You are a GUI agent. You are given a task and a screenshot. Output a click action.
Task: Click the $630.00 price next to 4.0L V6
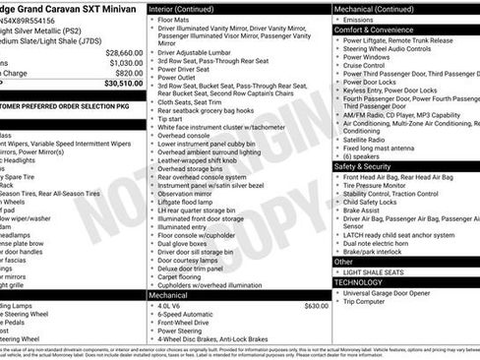[316, 306]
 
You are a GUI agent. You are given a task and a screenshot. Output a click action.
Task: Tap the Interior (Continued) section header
[188, 8]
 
